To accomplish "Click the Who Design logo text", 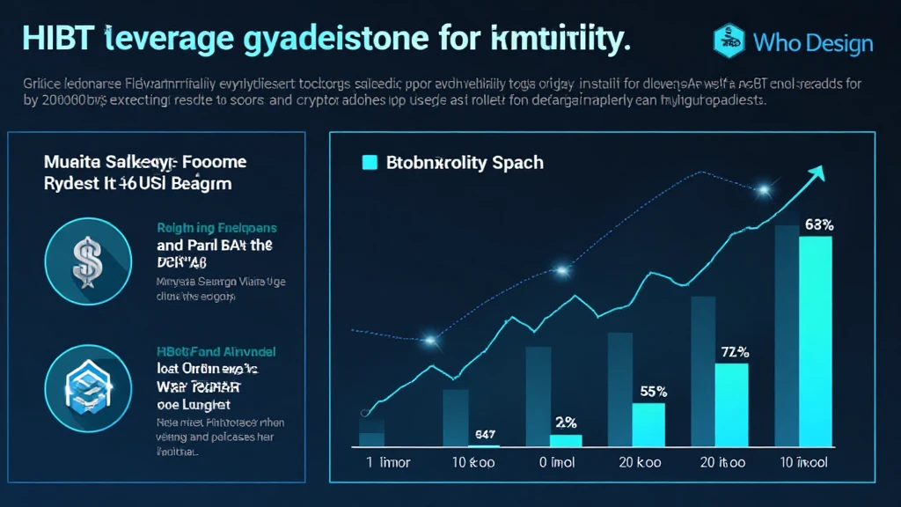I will point(813,42).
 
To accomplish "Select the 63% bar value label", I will point(819,224).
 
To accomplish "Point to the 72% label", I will point(734,352).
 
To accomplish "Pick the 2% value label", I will point(566,421).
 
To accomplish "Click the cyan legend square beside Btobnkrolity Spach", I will point(370,162).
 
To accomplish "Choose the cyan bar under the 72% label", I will point(731,405).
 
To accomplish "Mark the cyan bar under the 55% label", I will point(649,424).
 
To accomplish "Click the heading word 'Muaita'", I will point(74,162).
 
